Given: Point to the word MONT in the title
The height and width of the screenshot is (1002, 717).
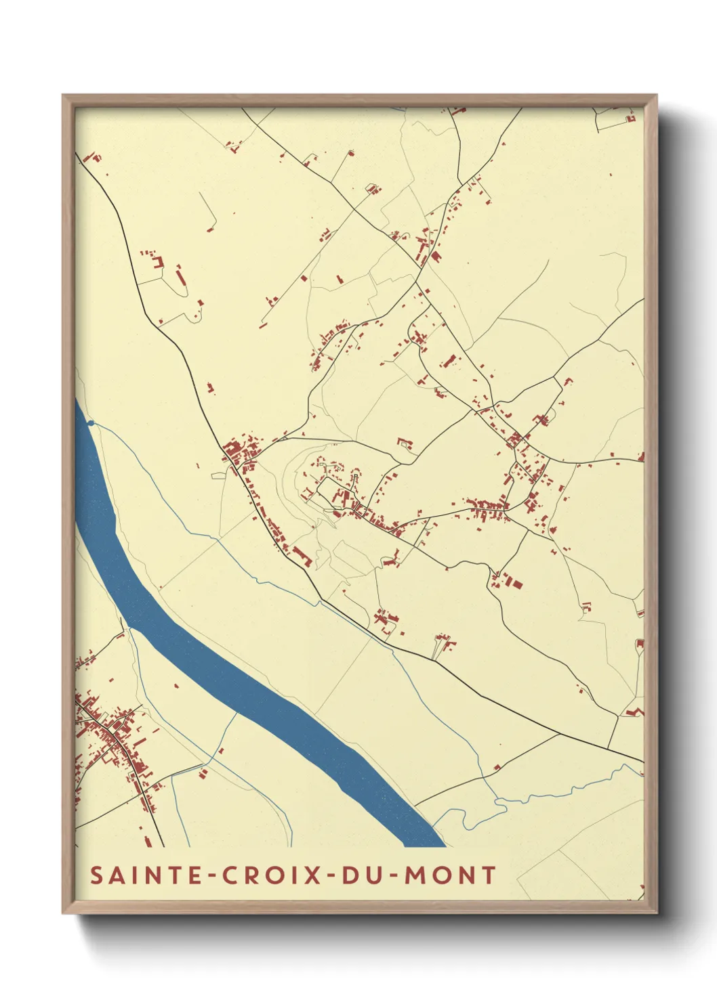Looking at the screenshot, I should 450,875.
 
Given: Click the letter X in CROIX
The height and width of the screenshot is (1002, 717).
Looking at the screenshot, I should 312,875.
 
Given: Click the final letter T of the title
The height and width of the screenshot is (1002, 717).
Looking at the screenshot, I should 488,875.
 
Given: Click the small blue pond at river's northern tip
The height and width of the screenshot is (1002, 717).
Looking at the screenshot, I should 91,424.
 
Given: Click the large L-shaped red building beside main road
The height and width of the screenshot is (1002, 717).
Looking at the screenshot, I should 302,557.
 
